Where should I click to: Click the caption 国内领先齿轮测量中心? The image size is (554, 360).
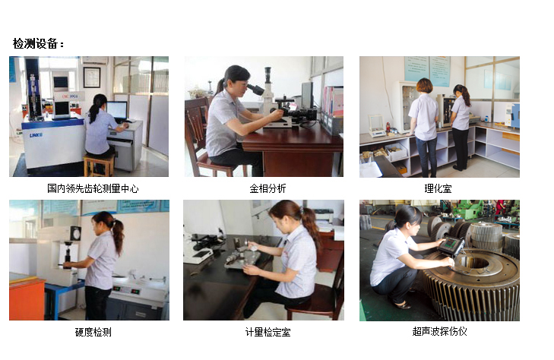click(x=93, y=188)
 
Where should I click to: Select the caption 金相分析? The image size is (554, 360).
click(x=268, y=188)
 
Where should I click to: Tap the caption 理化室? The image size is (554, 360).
click(x=438, y=188)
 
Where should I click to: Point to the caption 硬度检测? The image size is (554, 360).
click(x=93, y=332)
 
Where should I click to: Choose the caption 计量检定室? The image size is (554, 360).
click(x=268, y=332)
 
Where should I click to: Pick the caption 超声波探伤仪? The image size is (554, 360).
click(x=439, y=331)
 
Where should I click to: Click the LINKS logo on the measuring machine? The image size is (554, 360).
click(x=36, y=135)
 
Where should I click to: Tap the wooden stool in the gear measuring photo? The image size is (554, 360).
click(x=100, y=165)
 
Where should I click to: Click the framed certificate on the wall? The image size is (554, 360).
click(x=92, y=77)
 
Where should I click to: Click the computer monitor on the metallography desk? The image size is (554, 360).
click(x=307, y=95)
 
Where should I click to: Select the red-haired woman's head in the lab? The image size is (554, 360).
click(x=424, y=86)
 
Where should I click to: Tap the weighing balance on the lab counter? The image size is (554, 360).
click(x=376, y=125)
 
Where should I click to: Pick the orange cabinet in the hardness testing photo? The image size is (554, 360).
click(x=27, y=298)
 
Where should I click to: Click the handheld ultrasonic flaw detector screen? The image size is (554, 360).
click(x=450, y=244)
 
